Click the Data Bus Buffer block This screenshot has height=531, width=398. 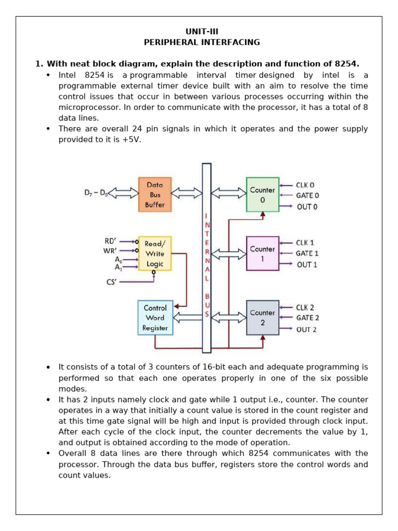click(x=154, y=194)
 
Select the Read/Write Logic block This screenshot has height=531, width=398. click(x=154, y=254)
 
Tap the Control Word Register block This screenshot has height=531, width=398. click(x=155, y=318)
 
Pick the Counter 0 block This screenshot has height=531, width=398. click(x=262, y=194)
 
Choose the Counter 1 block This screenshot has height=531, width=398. click(x=262, y=254)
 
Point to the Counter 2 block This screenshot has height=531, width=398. click(x=262, y=317)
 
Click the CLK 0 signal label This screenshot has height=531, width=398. click(x=305, y=185)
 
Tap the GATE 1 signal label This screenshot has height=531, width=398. click(x=307, y=254)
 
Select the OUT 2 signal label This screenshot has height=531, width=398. click(x=306, y=329)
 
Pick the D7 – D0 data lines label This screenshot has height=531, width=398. click(x=96, y=193)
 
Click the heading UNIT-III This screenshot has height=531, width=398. click(x=199, y=31)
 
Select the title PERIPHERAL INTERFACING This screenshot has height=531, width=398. click(x=199, y=42)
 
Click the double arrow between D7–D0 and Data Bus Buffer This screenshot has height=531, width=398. click(x=126, y=193)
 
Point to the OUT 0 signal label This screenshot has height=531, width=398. click(x=306, y=207)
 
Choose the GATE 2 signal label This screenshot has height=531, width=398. click(x=307, y=318)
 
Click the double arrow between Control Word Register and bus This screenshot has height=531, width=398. click(x=187, y=317)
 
